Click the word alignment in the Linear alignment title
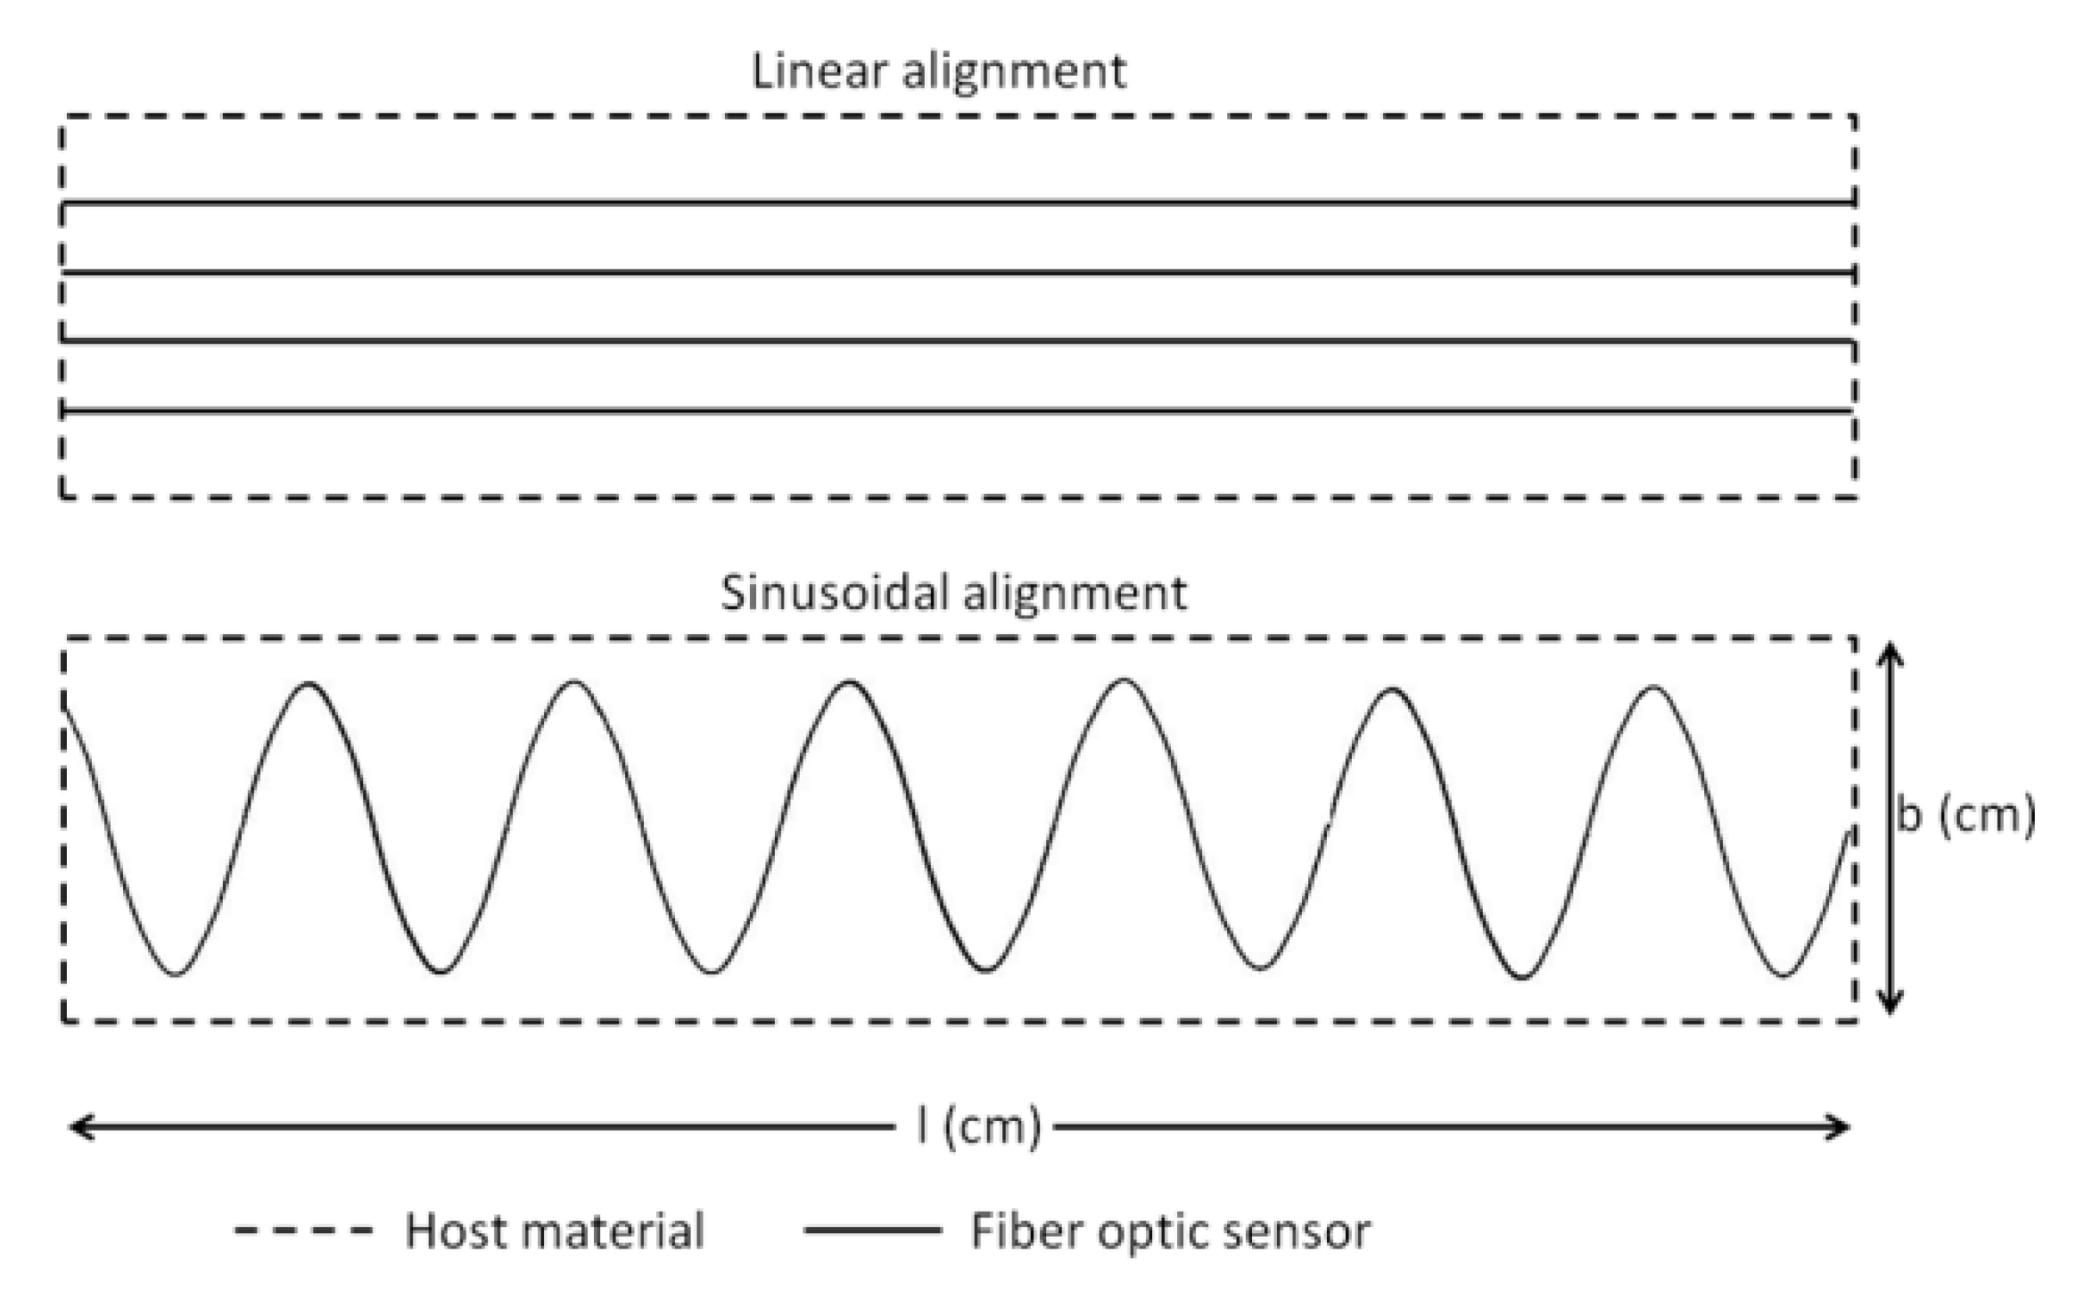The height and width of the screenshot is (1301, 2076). pyautogui.click(x=1014, y=72)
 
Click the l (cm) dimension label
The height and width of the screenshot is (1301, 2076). pyautogui.click(x=978, y=1127)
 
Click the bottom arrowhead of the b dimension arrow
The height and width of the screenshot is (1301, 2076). pyautogui.click(x=1890, y=1006)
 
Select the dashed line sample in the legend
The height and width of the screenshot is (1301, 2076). pyautogui.click(x=303, y=1231)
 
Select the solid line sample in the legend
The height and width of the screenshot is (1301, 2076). pyautogui.click(x=872, y=1231)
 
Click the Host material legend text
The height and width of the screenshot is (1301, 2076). pyautogui.click(x=555, y=1231)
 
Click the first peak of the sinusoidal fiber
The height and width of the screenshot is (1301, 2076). pyautogui.click(x=309, y=685)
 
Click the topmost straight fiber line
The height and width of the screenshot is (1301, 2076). pyautogui.click(x=959, y=203)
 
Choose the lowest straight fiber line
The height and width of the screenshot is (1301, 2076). pyautogui.click(x=959, y=411)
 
